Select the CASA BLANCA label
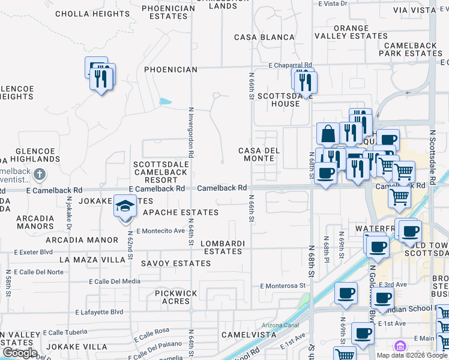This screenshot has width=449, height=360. click(264, 37)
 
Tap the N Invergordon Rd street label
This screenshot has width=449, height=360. click(191, 132)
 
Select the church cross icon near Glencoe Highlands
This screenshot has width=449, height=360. click(40, 175)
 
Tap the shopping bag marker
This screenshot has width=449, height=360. click(328, 134)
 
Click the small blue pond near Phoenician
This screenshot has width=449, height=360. click(164, 101)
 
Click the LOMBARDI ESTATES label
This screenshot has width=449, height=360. click(223, 247)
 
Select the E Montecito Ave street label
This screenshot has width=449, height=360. click(160, 231)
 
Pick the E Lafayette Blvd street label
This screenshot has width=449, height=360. click(99, 312)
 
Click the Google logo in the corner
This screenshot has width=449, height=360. click(19, 353)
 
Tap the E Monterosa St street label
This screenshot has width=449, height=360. click(283, 286)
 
